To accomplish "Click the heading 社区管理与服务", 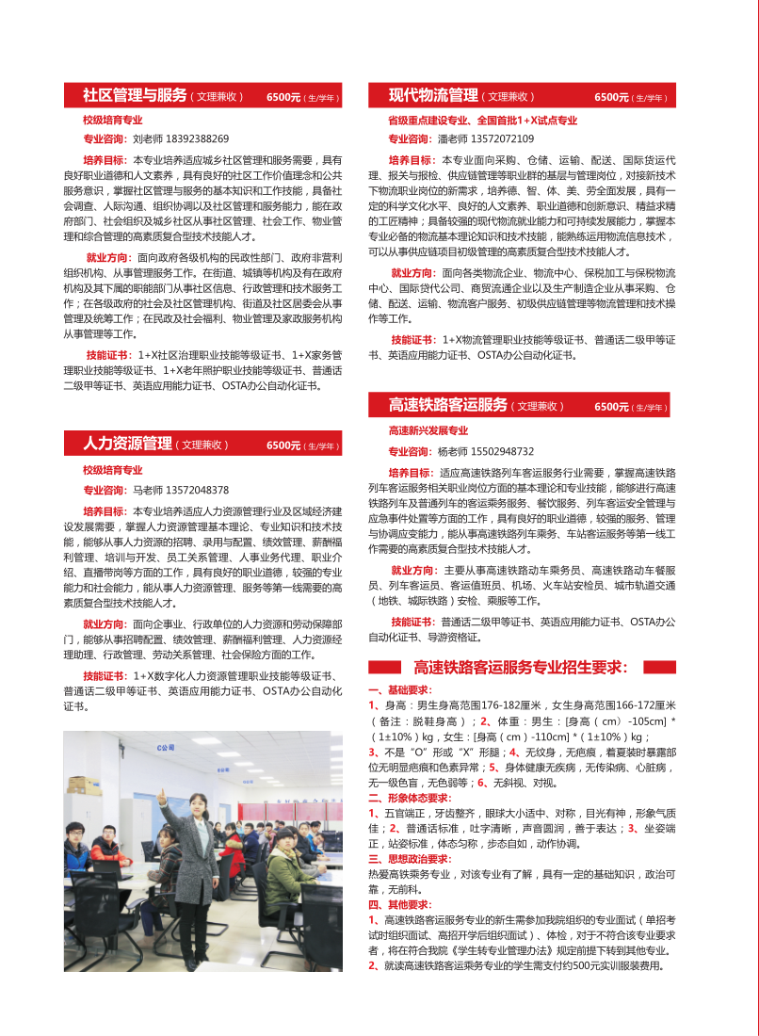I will pyautogui.click(x=135, y=95).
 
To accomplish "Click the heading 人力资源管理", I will pyautogui.click(x=127, y=444).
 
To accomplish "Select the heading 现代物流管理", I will pyautogui.click(x=433, y=95).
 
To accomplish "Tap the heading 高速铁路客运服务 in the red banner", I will pyautogui.click(x=448, y=405).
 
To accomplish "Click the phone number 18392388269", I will pyautogui.click(x=197, y=139).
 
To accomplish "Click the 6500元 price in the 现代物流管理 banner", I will pyautogui.click(x=611, y=97).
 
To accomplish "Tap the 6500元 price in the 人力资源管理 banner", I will pyautogui.click(x=283, y=445).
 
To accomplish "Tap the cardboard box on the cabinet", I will pyautogui.click(x=83, y=785).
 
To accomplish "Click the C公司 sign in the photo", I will pyautogui.click(x=166, y=748).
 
